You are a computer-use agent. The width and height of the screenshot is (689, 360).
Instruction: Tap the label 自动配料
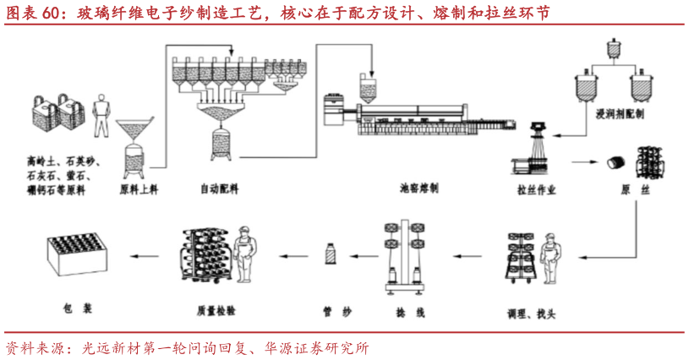point(219,189)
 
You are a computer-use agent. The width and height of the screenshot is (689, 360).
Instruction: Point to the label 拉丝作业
point(537,189)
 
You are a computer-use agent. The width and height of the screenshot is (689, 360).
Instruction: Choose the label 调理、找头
point(531,313)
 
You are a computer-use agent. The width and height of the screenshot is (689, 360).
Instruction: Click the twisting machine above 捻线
point(403,254)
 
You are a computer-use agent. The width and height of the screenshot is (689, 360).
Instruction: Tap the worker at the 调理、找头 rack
point(551,258)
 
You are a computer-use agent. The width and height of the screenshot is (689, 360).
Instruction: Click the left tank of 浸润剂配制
point(582,85)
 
